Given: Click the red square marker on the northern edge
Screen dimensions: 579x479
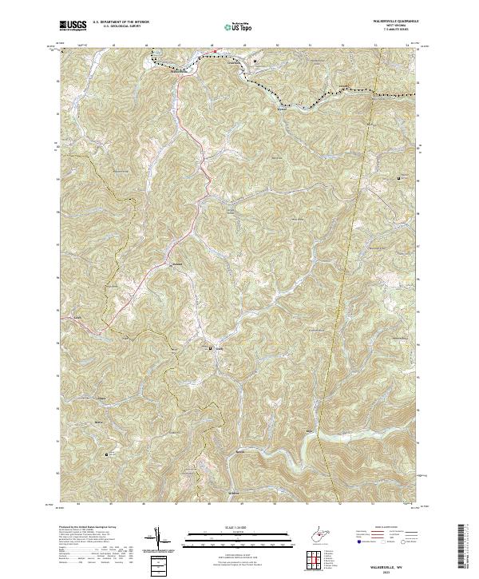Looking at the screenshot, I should point(214,53).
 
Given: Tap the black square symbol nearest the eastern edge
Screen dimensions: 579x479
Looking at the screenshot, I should point(399,179).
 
